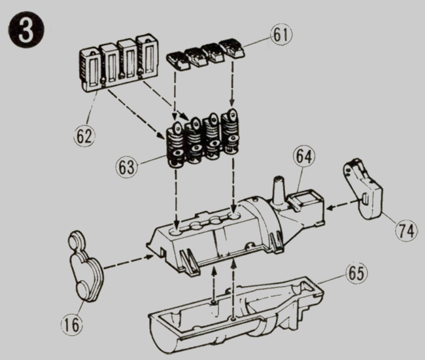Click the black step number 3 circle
pos(26,30)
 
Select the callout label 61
pos(281,35)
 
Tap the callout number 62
pos(84,136)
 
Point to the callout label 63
pos(127,167)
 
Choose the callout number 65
pos(357,274)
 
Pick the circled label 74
pos(406,230)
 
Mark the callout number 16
pos(72,324)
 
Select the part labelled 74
pos(363,190)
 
